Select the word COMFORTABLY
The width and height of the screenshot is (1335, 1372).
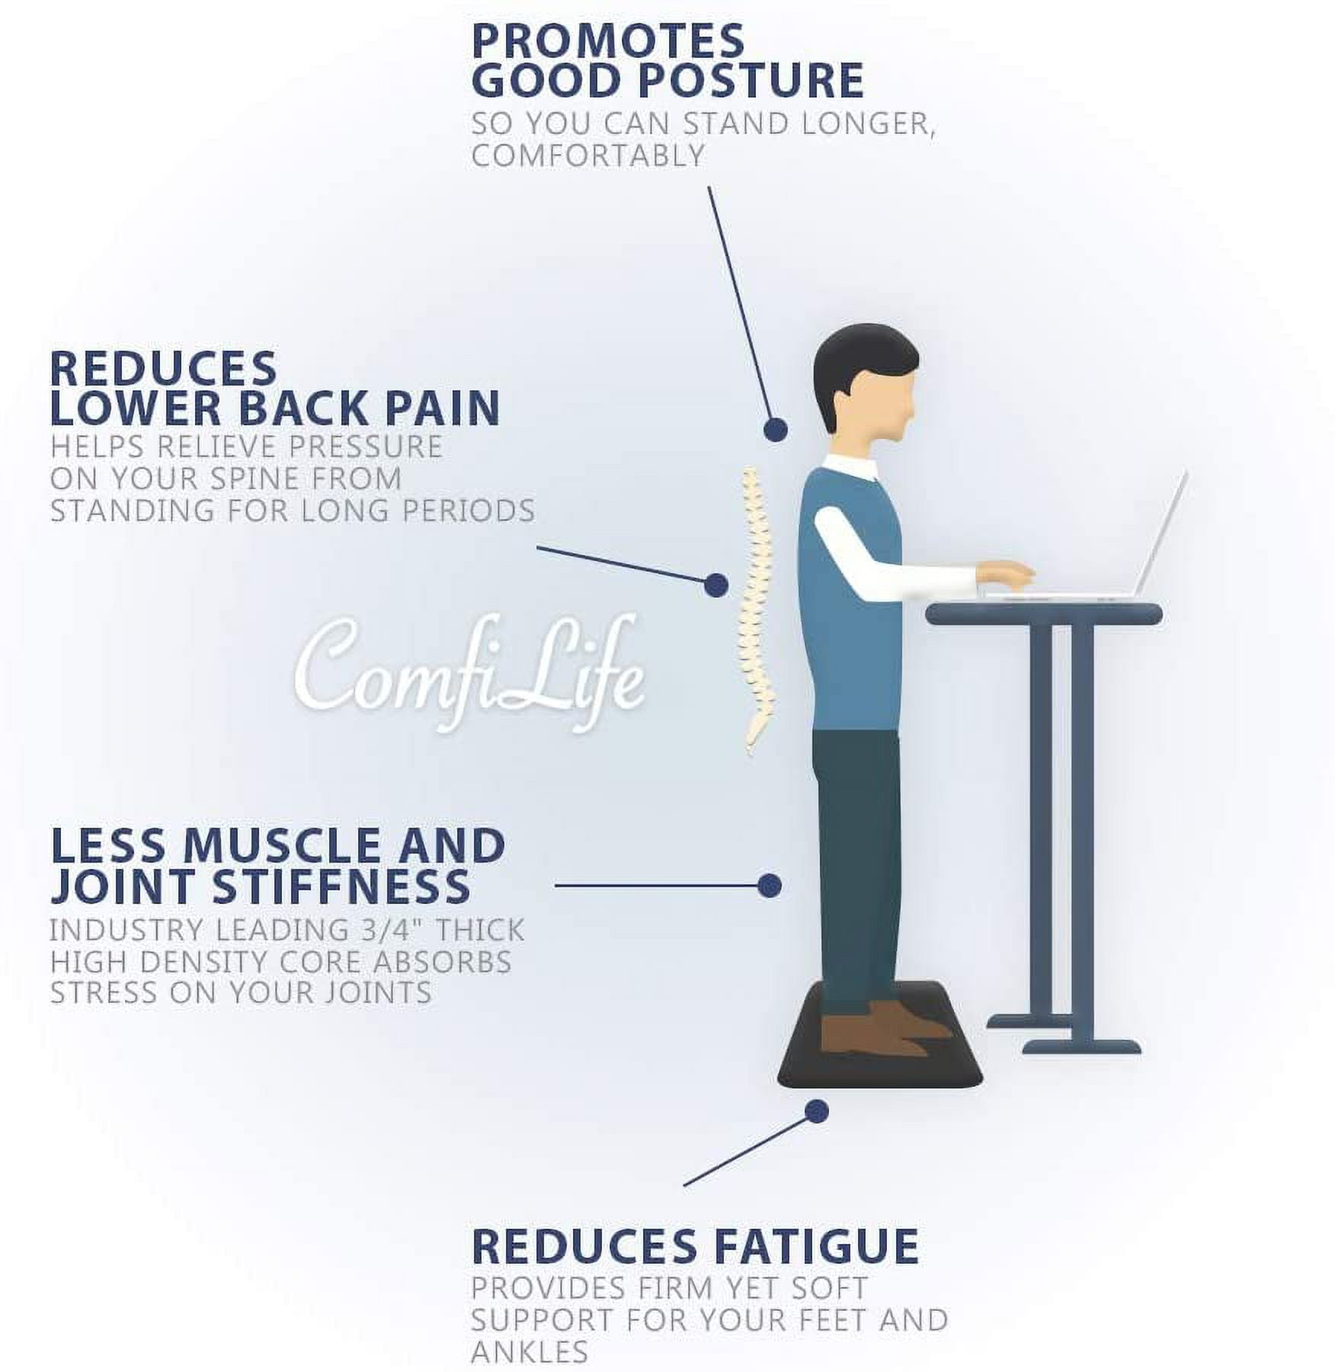coord(587,155)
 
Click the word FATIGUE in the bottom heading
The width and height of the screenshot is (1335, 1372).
coord(809,1246)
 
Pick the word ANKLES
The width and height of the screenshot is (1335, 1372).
coord(530,1351)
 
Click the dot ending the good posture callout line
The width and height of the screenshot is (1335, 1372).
coord(776,430)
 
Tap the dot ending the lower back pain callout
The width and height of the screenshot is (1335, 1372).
coord(716,585)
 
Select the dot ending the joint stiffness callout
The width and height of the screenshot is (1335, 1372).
coord(770,885)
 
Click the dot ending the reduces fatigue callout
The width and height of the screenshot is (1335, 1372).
coord(817,1111)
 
